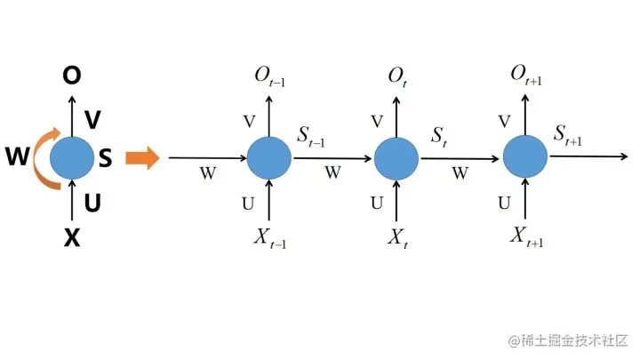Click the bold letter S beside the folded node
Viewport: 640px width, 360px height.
[x=105, y=159]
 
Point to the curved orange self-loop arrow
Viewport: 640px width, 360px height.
[x=43, y=158]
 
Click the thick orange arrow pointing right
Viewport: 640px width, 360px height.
[x=141, y=159]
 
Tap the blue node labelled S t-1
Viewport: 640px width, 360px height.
[x=269, y=158]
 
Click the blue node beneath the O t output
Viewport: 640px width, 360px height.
[x=396, y=159]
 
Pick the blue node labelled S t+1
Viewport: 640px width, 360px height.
[x=525, y=158]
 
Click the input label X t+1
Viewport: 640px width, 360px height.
[x=527, y=236]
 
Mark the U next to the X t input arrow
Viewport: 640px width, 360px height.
[x=377, y=203]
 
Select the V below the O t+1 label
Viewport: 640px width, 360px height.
[x=505, y=121]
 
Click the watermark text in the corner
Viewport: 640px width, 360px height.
[x=568, y=341]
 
